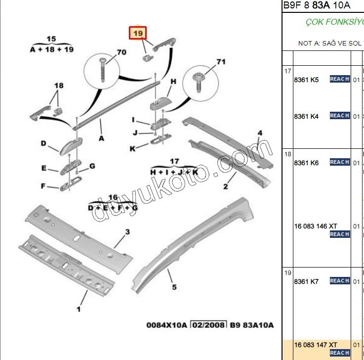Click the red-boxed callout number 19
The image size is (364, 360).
coord(138,33)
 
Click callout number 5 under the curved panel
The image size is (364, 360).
coord(174,287)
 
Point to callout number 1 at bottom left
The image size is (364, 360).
coord(78,310)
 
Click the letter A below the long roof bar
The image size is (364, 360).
coord(101,138)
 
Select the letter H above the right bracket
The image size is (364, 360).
coord(173,82)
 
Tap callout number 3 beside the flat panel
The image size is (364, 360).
coord(127,232)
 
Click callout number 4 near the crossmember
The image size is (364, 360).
coord(260,133)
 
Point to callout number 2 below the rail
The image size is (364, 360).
coord(225,186)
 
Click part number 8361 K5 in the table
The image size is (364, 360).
coord(306,80)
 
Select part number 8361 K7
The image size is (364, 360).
coord(306,281)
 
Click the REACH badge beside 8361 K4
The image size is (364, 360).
coord(340,116)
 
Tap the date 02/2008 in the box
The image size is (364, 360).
coord(208,325)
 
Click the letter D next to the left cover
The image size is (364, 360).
coord(43,144)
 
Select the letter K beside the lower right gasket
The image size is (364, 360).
coord(132,148)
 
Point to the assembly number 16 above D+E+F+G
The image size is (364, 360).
coord(113,198)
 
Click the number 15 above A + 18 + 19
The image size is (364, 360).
coord(51,39)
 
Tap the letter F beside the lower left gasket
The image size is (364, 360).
coord(43,186)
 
